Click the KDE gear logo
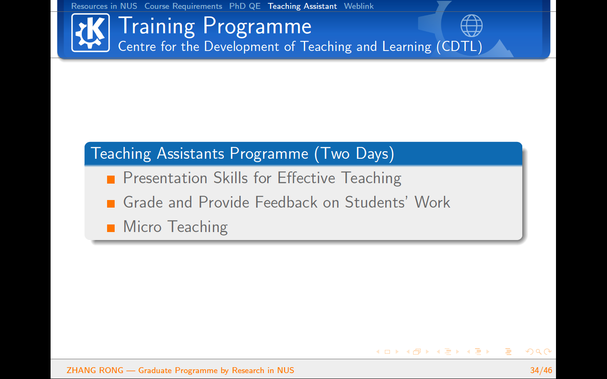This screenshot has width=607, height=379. pyautogui.click(x=91, y=32)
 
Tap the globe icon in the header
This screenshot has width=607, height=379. pyautogui.click(x=472, y=26)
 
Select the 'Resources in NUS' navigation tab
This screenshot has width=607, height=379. pyautogui.click(x=104, y=6)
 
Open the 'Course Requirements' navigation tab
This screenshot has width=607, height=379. pyautogui.click(x=183, y=6)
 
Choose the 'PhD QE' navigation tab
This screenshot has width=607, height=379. pyautogui.click(x=245, y=6)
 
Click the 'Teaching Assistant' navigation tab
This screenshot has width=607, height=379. pyautogui.click(x=302, y=6)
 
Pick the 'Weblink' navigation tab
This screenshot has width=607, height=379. pyautogui.click(x=359, y=6)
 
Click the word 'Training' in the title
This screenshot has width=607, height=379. pyautogui.click(x=157, y=27)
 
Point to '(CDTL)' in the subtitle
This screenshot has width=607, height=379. pyautogui.click(x=459, y=47)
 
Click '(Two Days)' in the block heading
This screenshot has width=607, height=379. pyautogui.click(x=354, y=154)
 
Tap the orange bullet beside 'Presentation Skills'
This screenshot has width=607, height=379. pyautogui.click(x=111, y=179)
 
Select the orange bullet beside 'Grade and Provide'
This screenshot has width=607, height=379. pyautogui.click(x=111, y=204)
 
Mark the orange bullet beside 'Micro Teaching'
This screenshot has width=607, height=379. pyautogui.click(x=111, y=228)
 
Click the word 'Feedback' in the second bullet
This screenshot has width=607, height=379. pyautogui.click(x=286, y=202)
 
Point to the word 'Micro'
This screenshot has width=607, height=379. pyautogui.click(x=142, y=226)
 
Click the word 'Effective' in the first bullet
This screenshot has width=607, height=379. pyautogui.click(x=306, y=178)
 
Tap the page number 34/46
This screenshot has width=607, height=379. pyautogui.click(x=541, y=370)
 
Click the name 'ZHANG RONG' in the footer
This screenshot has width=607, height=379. pyautogui.click(x=95, y=370)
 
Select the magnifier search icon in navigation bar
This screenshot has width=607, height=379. pyautogui.click(x=539, y=352)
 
